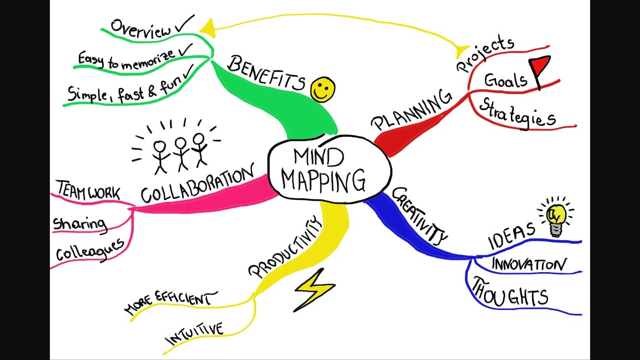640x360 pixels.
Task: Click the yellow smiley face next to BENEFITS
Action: coord(322,90)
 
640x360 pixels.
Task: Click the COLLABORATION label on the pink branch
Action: coord(197,185)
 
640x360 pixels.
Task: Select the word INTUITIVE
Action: coord(194,335)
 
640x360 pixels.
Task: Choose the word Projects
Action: coord(485,53)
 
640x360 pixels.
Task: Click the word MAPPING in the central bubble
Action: coord(323,180)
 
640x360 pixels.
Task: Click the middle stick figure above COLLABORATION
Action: coord(180,152)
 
